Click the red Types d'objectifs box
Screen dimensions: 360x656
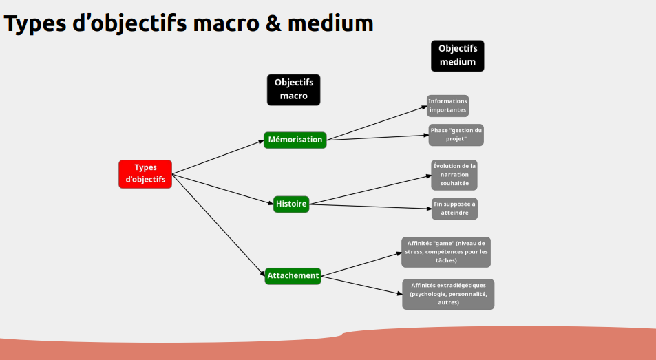(x=145, y=174)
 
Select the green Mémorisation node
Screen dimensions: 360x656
(x=295, y=140)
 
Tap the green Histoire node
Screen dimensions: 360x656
(x=291, y=204)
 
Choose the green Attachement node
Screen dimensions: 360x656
(x=293, y=275)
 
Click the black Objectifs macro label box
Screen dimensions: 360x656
(x=294, y=90)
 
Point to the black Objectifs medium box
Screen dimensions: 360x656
(x=458, y=56)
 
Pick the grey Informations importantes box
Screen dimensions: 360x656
(x=447, y=105)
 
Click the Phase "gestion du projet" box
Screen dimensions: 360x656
(x=456, y=134)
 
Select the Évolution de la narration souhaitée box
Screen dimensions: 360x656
(x=454, y=175)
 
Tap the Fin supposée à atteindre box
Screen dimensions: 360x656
(x=454, y=209)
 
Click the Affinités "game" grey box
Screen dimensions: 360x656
(x=446, y=252)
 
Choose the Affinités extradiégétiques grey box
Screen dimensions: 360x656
(x=448, y=294)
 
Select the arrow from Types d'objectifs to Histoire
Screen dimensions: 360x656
(x=223, y=189)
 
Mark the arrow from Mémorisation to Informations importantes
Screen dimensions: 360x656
(x=377, y=123)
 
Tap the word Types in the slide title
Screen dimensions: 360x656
(x=35, y=23)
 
